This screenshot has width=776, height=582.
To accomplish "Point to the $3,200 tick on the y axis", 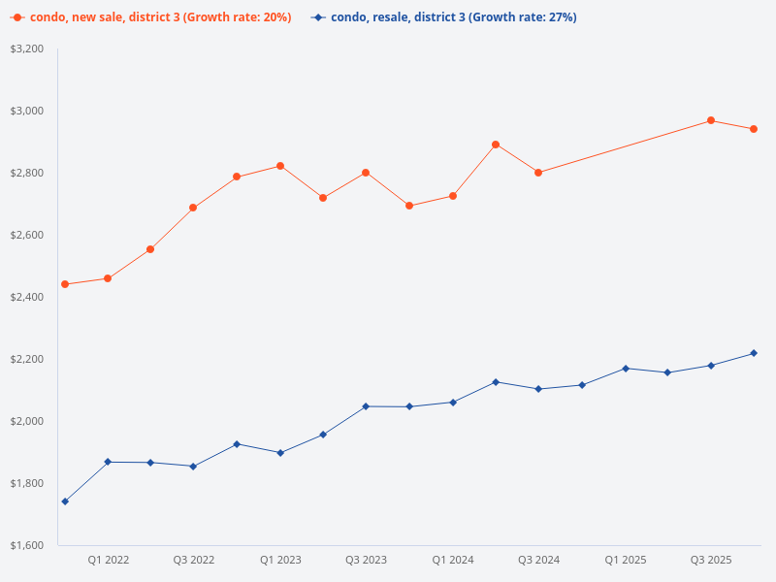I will [26, 48].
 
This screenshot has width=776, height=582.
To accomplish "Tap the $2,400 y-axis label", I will [26, 297].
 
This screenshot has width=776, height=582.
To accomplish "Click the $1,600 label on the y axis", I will [26, 545].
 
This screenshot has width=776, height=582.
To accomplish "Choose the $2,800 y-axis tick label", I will [26, 173].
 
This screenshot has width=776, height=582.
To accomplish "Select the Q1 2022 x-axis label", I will [108, 561].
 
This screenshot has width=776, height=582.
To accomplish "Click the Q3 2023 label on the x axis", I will [366, 561].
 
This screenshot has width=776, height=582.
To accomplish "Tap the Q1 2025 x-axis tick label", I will [625, 561].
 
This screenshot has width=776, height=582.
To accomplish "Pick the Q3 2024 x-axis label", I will [538, 561].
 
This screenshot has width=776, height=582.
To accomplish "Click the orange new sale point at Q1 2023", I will [280, 166].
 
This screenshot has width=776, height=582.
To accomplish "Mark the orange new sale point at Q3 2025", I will [711, 120].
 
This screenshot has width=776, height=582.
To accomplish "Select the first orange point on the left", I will [65, 284].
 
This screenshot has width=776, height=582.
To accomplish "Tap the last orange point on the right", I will [754, 129].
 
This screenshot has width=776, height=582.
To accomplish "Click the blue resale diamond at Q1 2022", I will [108, 462].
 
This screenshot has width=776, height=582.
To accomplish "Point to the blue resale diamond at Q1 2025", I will [625, 369].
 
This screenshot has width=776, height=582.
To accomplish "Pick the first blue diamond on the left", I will [65, 501].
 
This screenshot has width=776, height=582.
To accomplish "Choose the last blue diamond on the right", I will [754, 353].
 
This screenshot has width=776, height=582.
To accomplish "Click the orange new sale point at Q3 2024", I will [538, 173].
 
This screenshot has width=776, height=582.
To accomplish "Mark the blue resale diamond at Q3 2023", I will [366, 406].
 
